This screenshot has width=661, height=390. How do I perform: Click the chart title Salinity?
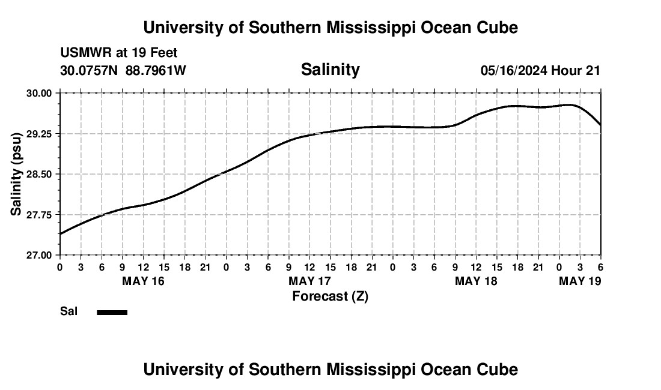(x=330, y=70)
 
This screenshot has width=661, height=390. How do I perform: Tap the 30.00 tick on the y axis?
(x=40, y=93)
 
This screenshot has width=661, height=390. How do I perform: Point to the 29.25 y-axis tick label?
(x=40, y=134)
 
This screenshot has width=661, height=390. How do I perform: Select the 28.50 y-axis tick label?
(x=40, y=174)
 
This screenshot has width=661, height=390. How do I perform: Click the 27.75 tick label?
(x=40, y=215)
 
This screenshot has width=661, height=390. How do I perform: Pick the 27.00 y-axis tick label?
(x=40, y=255)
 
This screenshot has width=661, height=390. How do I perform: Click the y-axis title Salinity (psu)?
(x=16, y=174)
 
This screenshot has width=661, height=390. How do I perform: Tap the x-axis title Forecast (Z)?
(x=330, y=296)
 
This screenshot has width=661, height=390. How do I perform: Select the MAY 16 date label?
(x=143, y=281)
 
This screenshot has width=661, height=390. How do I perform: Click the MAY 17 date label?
(x=309, y=281)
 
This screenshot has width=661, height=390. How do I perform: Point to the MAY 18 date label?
(x=476, y=281)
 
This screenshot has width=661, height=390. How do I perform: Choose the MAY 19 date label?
(x=580, y=281)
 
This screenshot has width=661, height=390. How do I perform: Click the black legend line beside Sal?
(x=112, y=312)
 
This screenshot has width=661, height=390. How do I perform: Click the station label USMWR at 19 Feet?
(x=119, y=53)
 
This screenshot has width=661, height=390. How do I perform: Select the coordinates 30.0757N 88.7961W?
(x=123, y=71)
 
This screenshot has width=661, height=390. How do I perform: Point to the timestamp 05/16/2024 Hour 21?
(x=540, y=71)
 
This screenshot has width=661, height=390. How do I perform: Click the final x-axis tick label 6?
(x=600, y=267)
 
